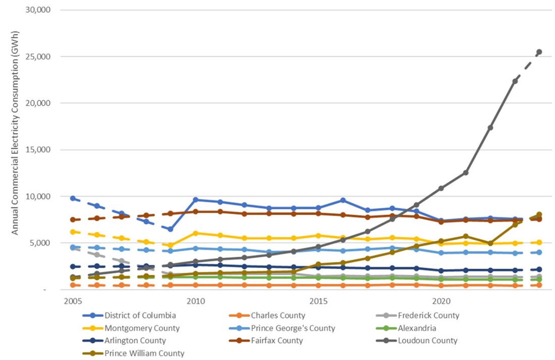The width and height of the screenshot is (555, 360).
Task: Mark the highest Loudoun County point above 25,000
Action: pos(539,52)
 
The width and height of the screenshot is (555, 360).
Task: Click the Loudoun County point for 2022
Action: pos(490,128)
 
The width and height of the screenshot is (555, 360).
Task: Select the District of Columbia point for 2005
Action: pos(73,198)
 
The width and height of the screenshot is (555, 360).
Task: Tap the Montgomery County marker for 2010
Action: pos(196,233)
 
